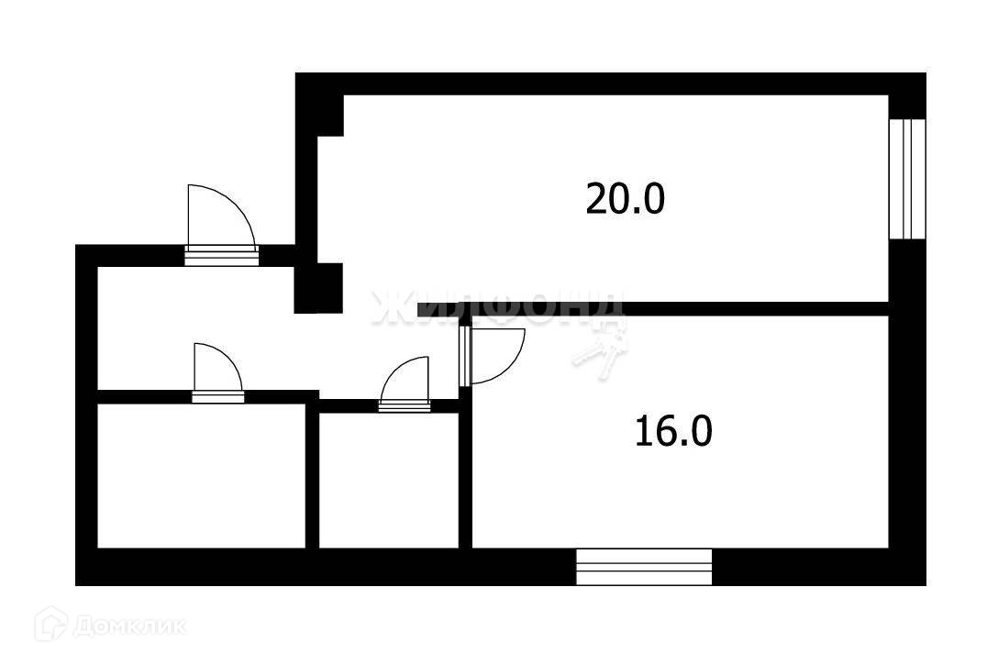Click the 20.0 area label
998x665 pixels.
[x=625, y=198]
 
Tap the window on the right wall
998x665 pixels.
[x=906, y=179]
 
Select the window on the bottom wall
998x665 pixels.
[x=644, y=566]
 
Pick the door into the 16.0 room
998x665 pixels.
[x=493, y=356]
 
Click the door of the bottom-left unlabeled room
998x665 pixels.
[x=217, y=372]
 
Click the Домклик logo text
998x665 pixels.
[x=128, y=626]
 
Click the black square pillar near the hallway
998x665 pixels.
[x=317, y=287]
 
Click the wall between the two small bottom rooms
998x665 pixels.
[x=312, y=477]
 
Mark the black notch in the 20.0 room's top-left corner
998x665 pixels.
[x=330, y=116]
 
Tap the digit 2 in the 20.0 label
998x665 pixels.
[x=596, y=198]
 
